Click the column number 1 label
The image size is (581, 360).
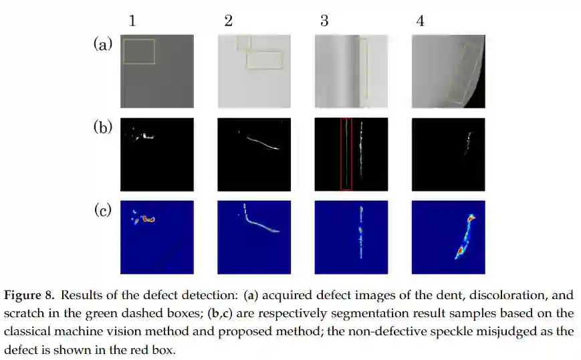(132, 21)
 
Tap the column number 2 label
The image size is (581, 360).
(229, 21)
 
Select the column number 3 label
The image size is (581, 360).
(324, 21)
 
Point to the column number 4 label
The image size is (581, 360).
(420, 21)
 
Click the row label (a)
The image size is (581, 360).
(102, 44)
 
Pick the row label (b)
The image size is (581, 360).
(102, 127)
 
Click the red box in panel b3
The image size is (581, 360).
(346, 154)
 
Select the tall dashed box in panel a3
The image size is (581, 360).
(364, 70)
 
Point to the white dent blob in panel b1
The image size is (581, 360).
(143, 137)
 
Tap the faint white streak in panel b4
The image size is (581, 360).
(467, 143)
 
